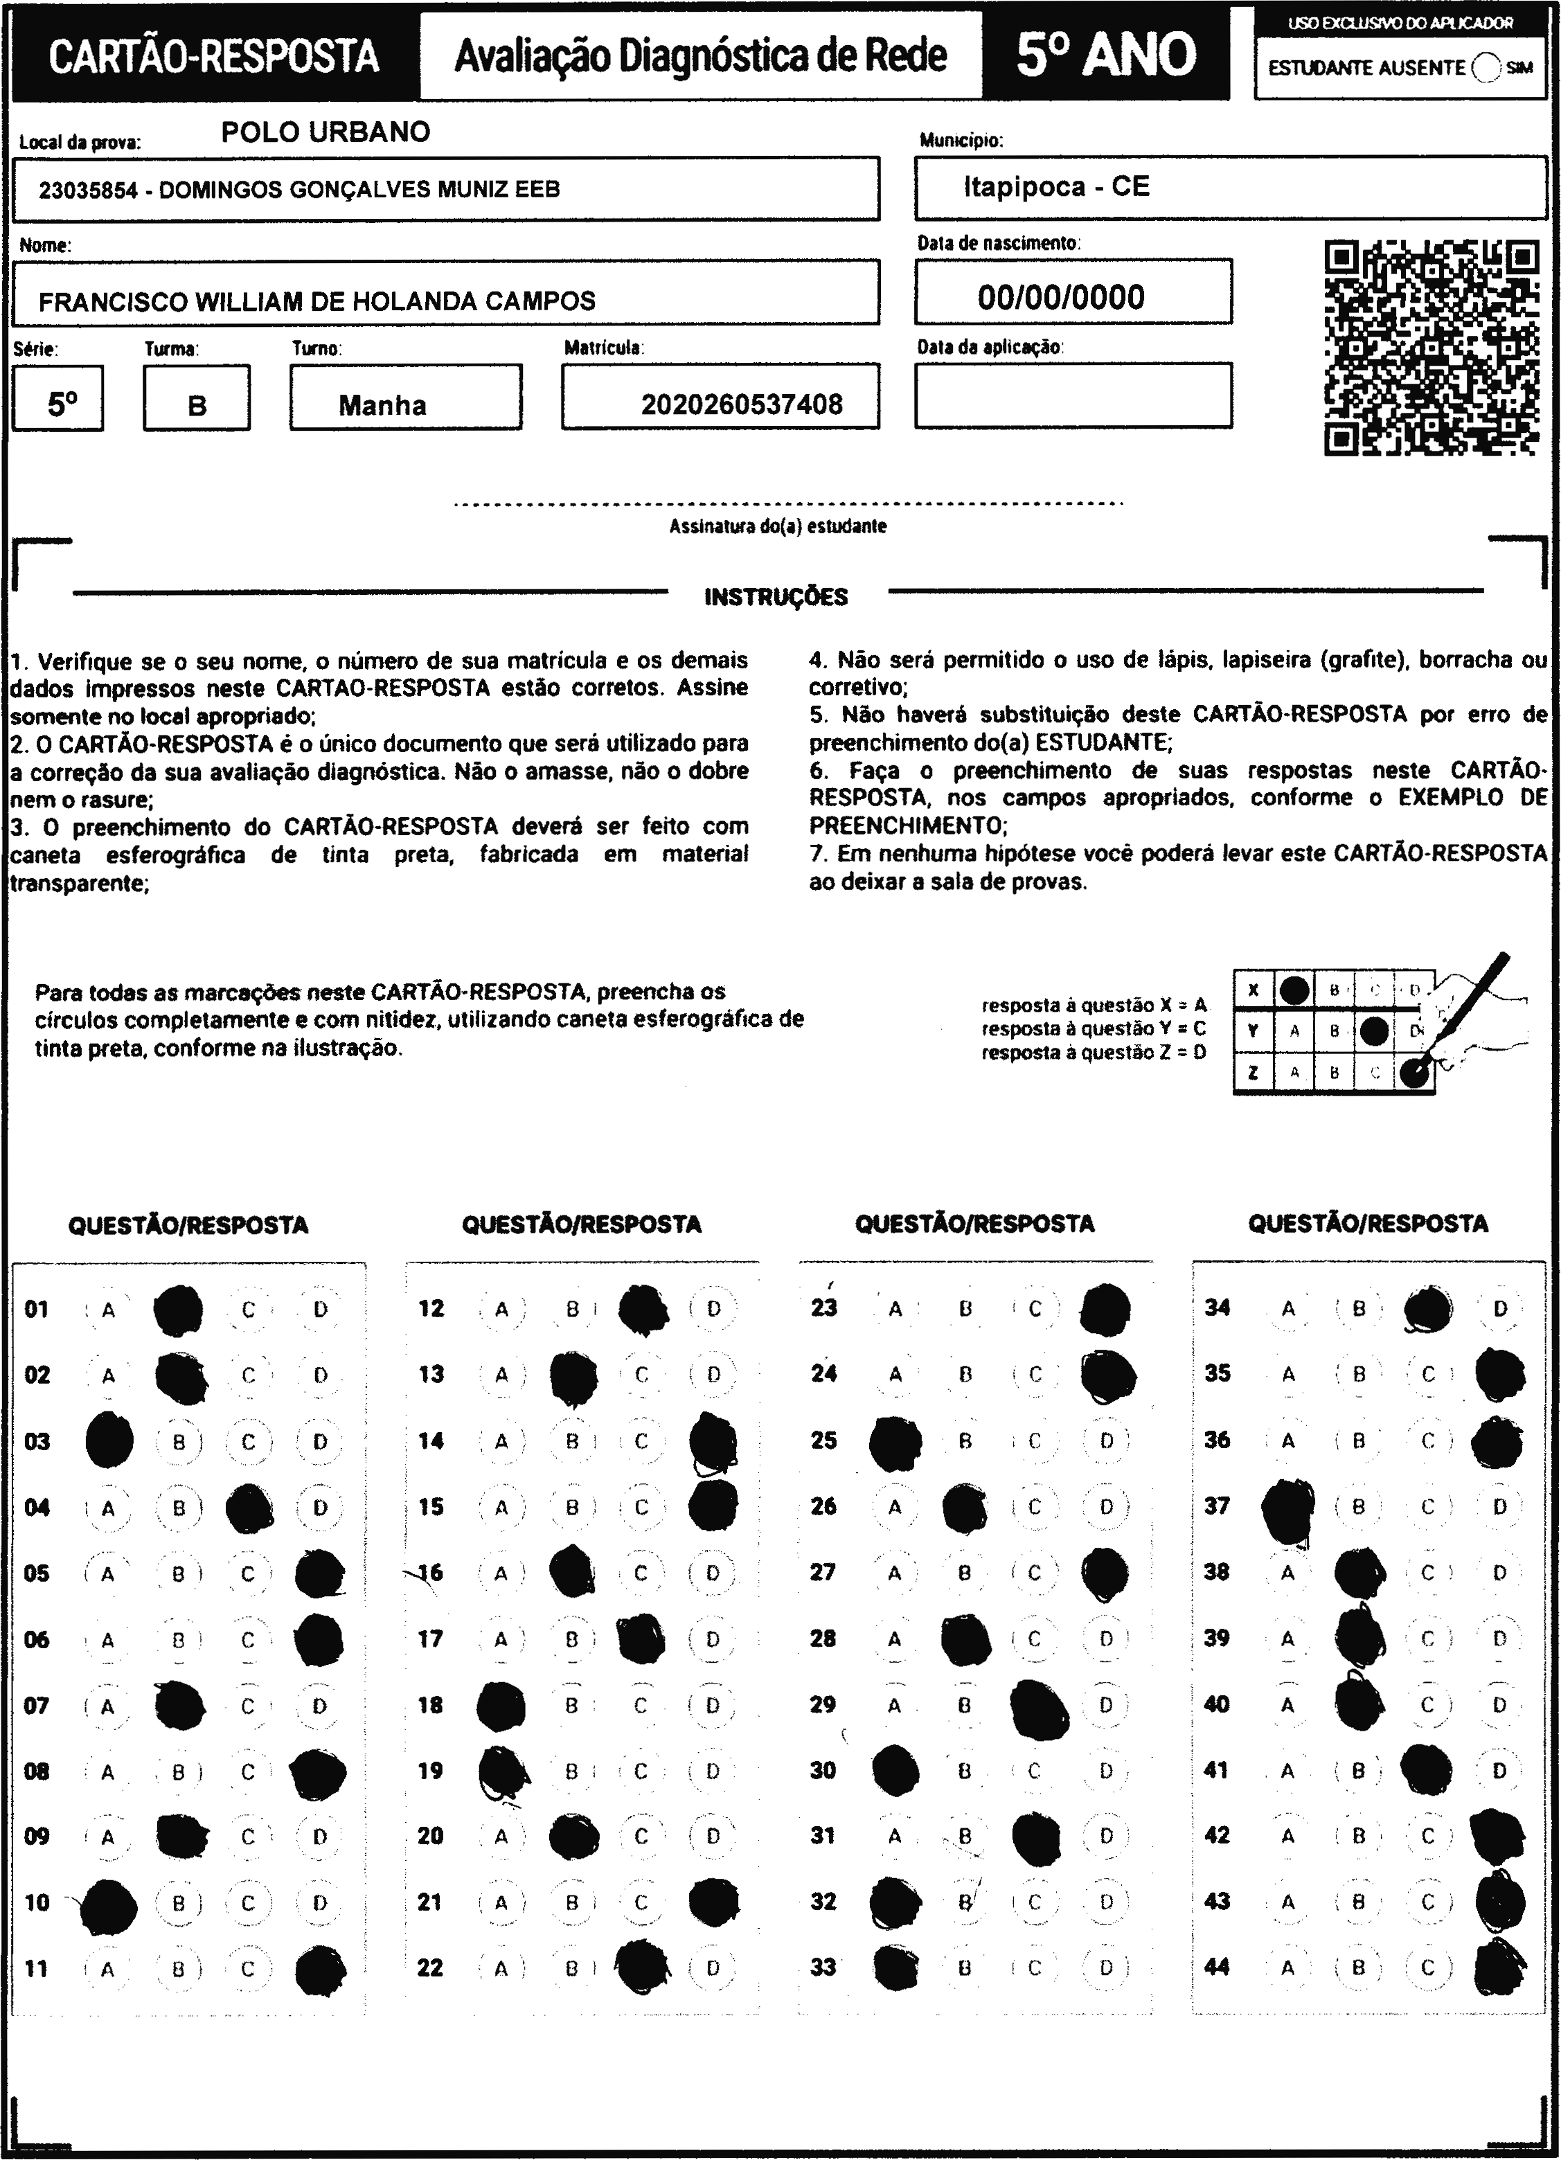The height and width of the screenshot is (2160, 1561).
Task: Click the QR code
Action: click(1431, 348)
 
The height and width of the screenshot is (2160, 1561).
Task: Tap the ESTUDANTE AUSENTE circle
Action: click(1485, 68)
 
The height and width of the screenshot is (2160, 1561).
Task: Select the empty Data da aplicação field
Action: click(1073, 395)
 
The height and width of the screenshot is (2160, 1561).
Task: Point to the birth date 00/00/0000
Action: click(1060, 297)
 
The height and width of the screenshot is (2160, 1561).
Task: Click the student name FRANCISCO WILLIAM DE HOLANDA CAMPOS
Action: click(316, 302)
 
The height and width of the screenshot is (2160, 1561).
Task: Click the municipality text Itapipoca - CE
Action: click(1055, 187)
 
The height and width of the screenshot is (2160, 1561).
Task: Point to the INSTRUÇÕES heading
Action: click(775, 597)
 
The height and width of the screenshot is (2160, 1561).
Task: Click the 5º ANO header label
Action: click(1105, 55)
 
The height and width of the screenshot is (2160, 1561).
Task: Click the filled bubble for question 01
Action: click(178, 1310)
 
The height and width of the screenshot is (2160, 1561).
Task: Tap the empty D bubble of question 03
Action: click(320, 1442)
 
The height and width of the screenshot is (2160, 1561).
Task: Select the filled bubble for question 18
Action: click(501, 1706)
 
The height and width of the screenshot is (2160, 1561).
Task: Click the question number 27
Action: click(823, 1572)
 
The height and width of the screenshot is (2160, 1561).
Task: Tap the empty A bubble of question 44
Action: click(1287, 1967)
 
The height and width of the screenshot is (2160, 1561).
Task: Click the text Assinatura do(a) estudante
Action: click(777, 526)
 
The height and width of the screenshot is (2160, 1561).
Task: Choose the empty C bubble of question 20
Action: click(641, 1835)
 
